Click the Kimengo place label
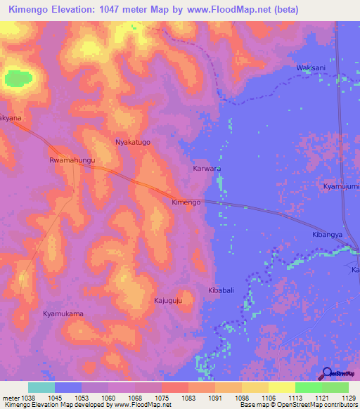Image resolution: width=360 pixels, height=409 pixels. pos(186,202)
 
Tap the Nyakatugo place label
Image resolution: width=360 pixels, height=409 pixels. pos(133,142)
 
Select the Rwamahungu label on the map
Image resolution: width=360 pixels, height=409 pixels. pos(72,160)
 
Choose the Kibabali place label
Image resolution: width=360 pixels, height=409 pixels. pos(220,290)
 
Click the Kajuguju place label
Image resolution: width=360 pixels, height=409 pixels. pos(168,301)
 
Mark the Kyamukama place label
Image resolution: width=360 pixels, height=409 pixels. pos(63,313)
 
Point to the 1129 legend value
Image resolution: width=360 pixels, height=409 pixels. pos(340,397)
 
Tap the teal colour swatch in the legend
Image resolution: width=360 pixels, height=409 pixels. pos(41,387)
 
